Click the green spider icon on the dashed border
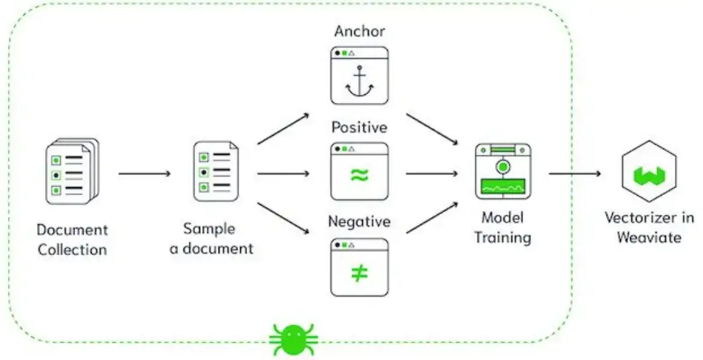pos(294,339)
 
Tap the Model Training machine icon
pos(503,171)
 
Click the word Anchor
pos(359,32)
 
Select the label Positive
pos(359,127)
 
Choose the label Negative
pos(359,222)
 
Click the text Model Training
pos(503,227)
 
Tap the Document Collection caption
pos(72,240)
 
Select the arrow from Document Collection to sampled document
pos(144,173)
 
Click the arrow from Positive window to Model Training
pos(431,173)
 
